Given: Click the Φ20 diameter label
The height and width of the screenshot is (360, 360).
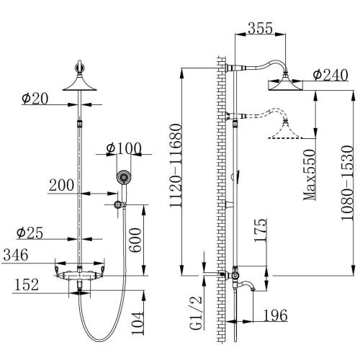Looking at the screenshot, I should (x=35, y=99).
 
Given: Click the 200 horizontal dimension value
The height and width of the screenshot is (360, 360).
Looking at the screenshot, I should (x=63, y=185).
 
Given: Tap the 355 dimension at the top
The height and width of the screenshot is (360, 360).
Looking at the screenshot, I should (x=263, y=29).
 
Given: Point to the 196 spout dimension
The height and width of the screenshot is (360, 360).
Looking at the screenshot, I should (x=274, y=315).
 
